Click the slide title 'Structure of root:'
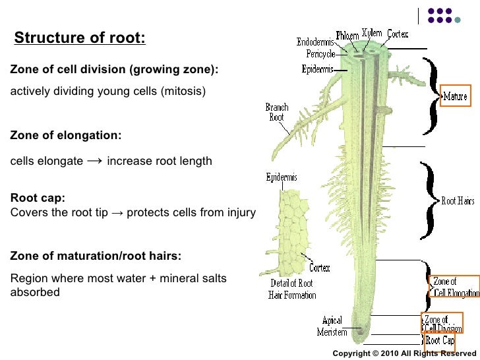(79, 38)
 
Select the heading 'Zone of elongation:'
(66, 135)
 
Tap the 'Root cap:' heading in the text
(38, 198)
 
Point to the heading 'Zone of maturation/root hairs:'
(96, 256)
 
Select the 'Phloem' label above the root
(347, 34)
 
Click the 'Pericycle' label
(320, 53)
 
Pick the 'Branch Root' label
(277, 112)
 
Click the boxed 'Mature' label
(455, 96)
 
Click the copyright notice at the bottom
(404, 353)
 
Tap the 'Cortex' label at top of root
(398, 34)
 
